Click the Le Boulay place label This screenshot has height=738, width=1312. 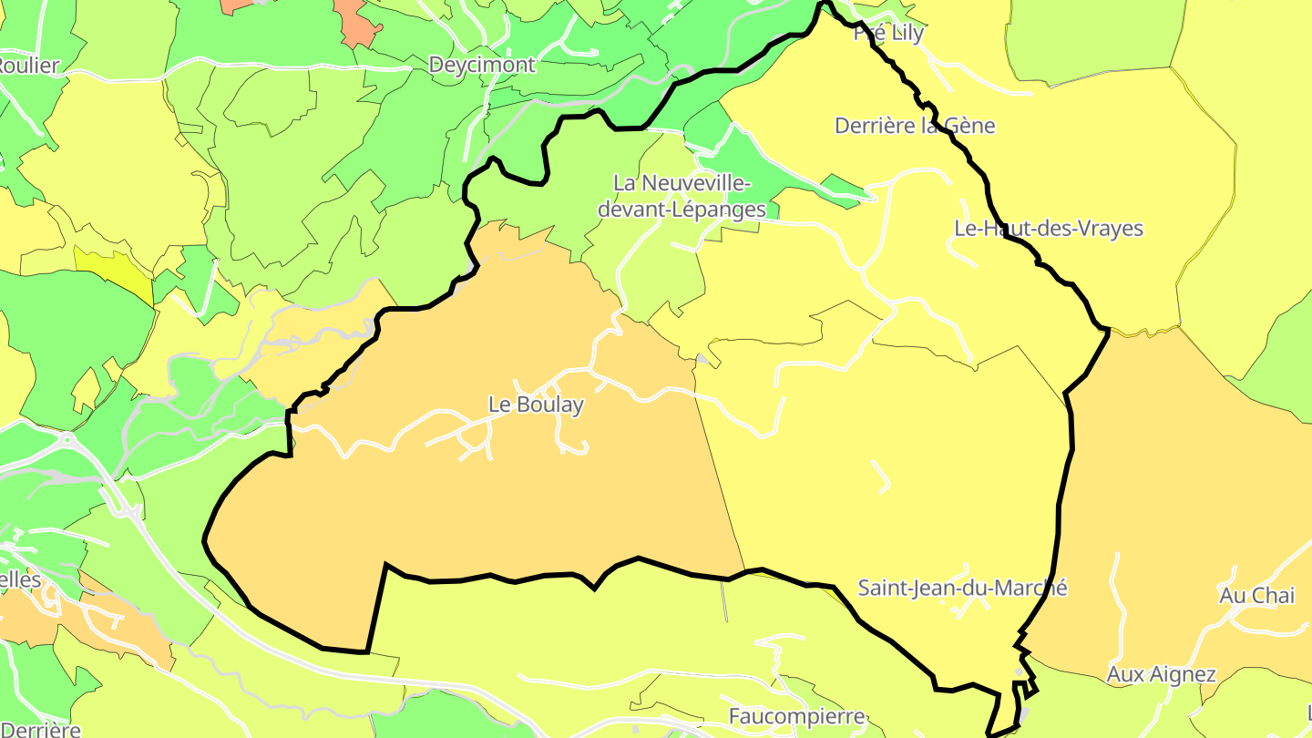[x=536, y=405]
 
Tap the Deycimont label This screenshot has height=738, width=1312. [x=482, y=66]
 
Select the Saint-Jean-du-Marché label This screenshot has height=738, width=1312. [x=962, y=588]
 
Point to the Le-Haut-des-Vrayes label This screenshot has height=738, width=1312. [x=1048, y=228]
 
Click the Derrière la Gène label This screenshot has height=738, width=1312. [x=915, y=126]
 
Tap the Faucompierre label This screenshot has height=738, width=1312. [x=796, y=716]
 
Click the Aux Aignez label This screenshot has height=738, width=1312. [x=1161, y=675]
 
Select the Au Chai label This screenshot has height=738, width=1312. [x=1256, y=596]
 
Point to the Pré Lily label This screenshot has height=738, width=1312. [x=888, y=34]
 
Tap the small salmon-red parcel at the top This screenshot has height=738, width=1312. [x=357, y=23]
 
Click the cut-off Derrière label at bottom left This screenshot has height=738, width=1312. [x=40, y=729]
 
